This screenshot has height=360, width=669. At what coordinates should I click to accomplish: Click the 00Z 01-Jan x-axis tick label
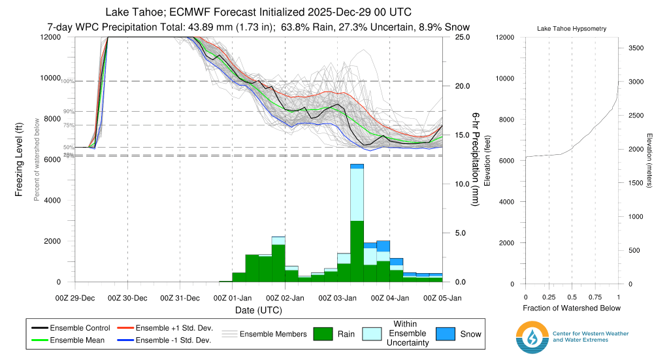[232, 298]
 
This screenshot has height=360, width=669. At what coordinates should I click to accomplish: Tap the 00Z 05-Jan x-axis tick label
[443, 298]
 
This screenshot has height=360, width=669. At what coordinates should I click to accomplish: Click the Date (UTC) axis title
[258, 309]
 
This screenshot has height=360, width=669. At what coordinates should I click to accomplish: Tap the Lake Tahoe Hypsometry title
[572, 29]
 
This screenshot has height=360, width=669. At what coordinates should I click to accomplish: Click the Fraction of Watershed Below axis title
[572, 308]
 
